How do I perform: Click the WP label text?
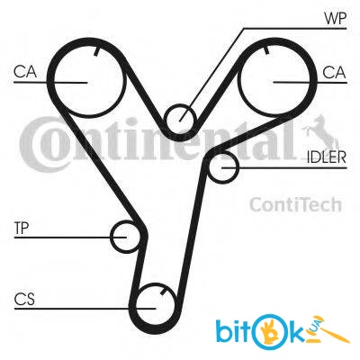(x=335, y=18)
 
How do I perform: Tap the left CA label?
(x=25, y=72)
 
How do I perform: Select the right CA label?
(x=334, y=73)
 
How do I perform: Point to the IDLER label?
(x=327, y=157)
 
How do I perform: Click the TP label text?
(x=22, y=229)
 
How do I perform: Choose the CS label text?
(x=24, y=299)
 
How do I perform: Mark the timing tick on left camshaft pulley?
(x=96, y=52)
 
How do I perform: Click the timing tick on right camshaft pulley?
(x=265, y=50)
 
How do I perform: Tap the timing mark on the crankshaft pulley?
(x=164, y=291)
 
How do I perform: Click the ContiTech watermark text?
(x=295, y=204)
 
